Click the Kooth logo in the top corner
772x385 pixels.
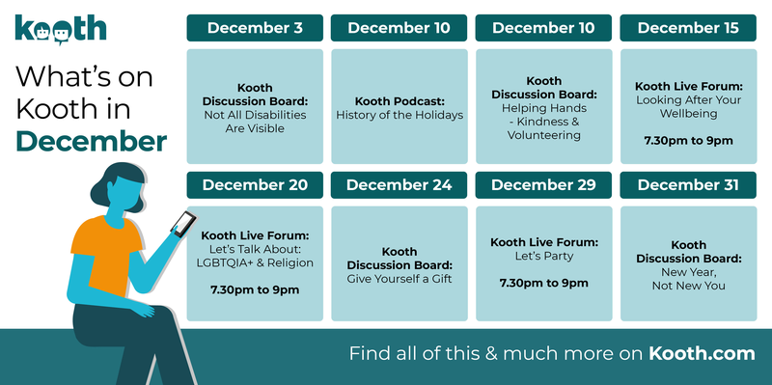point(60,28)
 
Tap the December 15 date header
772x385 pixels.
point(688,28)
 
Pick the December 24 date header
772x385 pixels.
point(399,185)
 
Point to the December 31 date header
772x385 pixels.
point(688,185)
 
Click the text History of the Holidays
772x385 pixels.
point(399,115)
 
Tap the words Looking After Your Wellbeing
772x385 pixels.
point(688,106)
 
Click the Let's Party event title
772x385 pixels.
point(544,257)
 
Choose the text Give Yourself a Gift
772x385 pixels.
point(399,279)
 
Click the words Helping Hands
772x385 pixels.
point(544,108)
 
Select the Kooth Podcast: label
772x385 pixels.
point(399,101)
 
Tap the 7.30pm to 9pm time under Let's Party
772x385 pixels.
point(544,284)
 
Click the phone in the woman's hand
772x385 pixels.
point(181,224)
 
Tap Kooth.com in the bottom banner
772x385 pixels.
point(702,353)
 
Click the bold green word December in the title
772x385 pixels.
point(91,141)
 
